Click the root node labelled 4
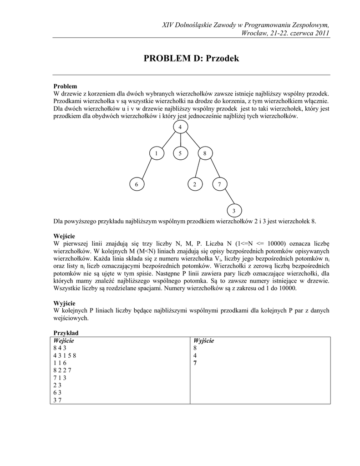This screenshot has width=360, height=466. point(181,127)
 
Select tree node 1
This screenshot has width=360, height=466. point(156,153)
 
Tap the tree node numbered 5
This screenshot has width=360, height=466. point(181,153)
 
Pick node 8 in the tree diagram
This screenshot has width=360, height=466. point(205,153)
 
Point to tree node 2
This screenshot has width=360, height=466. point(194,184)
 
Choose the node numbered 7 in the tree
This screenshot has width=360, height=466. point(219,184)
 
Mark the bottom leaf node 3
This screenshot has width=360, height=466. point(234,211)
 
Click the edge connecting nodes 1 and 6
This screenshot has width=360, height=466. point(146,169)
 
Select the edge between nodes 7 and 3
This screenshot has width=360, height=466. point(227,198)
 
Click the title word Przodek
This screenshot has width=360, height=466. point(223,59)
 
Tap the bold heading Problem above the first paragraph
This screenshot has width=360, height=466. point(65,86)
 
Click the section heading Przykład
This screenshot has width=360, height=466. point(66,333)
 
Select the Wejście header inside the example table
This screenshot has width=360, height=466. point(63,341)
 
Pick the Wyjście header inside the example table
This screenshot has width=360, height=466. point(203,341)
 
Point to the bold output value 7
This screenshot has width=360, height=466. point(195,363)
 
